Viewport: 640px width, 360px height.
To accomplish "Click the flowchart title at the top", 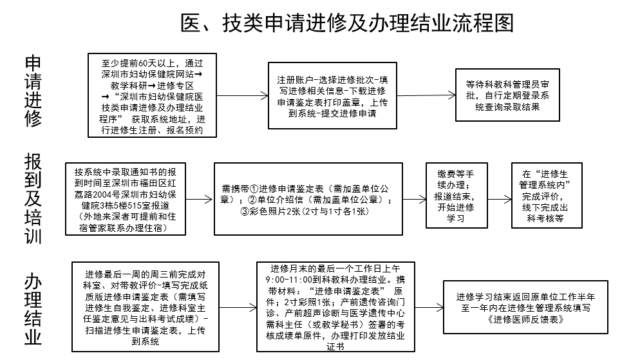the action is point(347,23).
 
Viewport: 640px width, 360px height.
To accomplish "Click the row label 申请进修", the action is point(33,91).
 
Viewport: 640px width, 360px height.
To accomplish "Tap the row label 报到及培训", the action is point(33,198).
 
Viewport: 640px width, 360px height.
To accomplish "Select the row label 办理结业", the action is point(33,309).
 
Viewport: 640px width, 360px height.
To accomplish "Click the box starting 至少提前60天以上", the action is point(152,95).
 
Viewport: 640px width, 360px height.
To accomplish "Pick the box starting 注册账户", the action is point(332,95).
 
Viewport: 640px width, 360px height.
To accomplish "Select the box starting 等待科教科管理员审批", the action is point(507,95).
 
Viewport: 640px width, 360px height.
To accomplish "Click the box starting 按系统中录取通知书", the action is point(126,199).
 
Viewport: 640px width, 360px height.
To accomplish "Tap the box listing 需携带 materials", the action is point(308,199).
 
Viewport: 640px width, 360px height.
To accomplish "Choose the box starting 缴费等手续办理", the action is point(456,196).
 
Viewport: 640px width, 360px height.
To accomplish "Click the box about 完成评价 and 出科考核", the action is point(547,196).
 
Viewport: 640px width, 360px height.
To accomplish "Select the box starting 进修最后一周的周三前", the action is point(146,307).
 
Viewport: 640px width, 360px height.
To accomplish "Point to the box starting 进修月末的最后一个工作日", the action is point(335,307).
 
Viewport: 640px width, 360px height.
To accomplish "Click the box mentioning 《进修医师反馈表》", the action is point(525,307).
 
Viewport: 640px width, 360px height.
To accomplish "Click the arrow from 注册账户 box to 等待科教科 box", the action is point(426,95).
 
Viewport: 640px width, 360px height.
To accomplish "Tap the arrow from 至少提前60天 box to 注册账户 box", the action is point(243,95).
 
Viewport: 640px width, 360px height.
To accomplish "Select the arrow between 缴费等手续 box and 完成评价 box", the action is point(499,199).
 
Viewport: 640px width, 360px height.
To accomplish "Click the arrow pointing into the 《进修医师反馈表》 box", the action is point(429,307).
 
